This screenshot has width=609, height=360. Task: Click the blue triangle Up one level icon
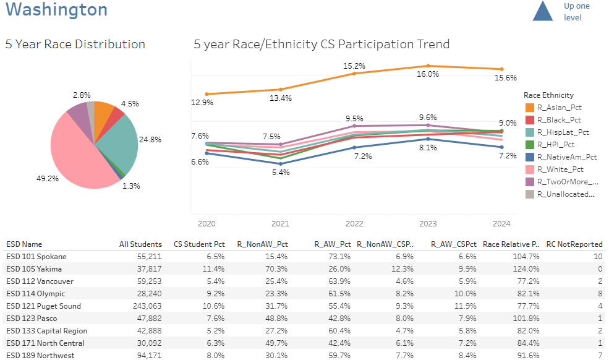542,11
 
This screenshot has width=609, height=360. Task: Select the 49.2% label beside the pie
48,178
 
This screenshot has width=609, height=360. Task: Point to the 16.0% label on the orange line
428,74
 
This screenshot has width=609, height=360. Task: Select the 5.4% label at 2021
281,173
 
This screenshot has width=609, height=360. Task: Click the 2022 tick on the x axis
354,223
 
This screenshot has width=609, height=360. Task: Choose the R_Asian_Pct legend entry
559,108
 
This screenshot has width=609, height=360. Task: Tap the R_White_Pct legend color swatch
530,169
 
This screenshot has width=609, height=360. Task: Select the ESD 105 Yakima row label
34,269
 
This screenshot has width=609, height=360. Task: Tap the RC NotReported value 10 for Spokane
597,257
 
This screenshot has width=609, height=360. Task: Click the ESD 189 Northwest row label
40,356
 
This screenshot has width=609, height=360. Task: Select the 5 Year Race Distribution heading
75,45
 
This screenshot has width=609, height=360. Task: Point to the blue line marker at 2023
428,139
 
